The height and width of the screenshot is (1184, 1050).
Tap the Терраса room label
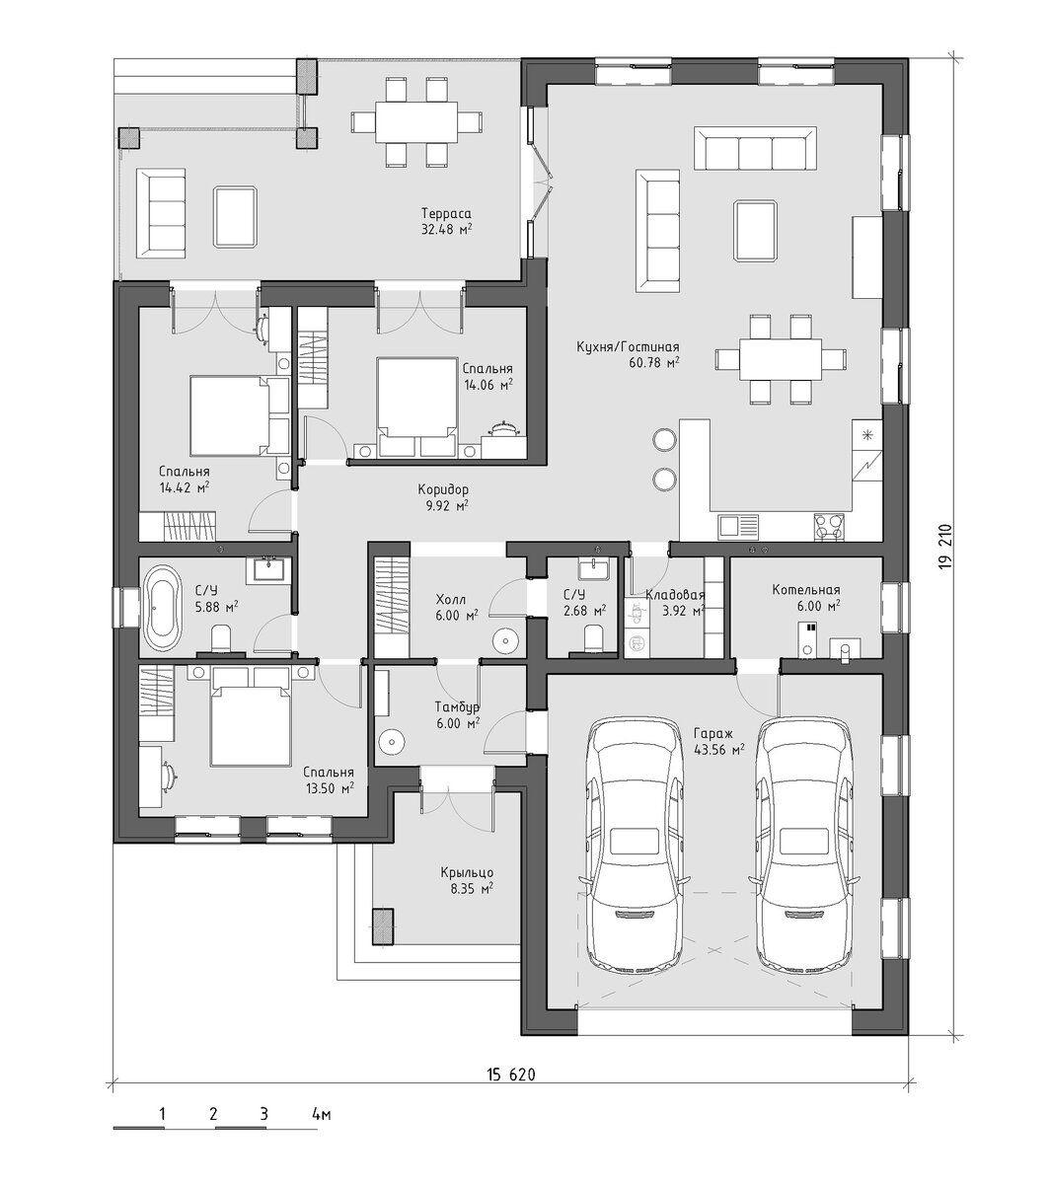446,214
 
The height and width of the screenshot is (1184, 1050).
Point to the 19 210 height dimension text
946,546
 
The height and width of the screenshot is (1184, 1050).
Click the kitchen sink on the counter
738,527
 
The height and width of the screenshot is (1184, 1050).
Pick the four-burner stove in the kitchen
829,527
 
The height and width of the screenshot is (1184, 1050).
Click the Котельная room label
805,590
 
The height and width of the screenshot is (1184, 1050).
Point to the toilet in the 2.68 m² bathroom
593,637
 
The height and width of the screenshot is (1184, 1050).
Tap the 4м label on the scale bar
322,1114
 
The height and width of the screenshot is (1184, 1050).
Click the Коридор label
443,489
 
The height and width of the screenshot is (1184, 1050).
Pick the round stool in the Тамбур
391,743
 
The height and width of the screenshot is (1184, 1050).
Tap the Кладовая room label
675,595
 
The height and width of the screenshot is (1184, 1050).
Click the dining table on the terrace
416,122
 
